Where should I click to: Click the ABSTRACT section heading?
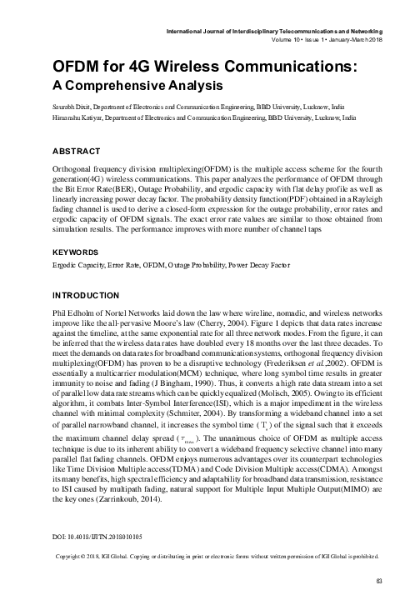coord(52,151)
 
